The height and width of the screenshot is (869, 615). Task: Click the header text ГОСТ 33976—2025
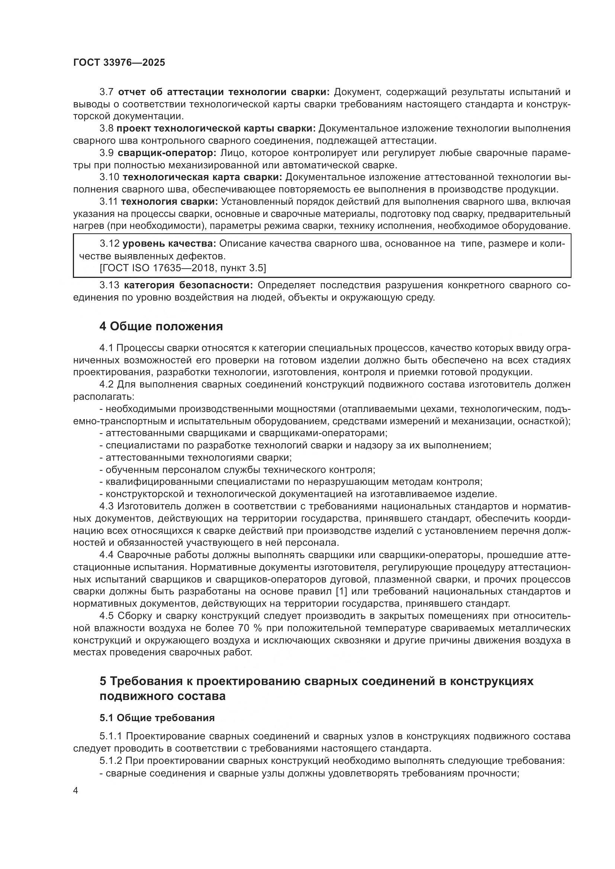(119, 62)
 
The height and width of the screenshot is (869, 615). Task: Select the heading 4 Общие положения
(161, 326)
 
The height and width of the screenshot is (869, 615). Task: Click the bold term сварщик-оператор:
(167, 153)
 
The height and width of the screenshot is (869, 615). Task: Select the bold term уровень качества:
(169, 243)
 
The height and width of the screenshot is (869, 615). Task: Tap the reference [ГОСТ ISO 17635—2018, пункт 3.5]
(183, 268)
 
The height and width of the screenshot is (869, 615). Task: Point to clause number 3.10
(109, 177)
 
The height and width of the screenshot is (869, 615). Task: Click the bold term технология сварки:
(169, 201)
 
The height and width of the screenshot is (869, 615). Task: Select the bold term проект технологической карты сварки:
(216, 128)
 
